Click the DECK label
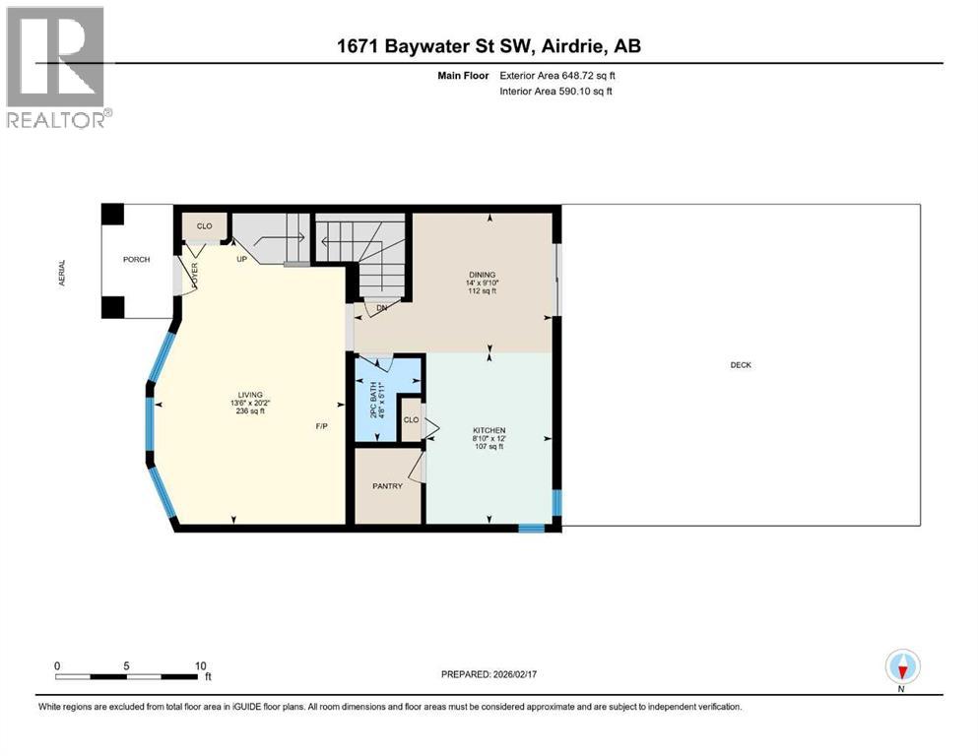pos(741,365)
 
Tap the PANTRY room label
pos(387,486)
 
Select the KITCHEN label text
pos(489,431)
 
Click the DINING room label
pos(482,275)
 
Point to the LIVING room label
pos(235,395)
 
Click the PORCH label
pos(136,260)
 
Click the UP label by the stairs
pos(240,260)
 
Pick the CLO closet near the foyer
pos(204,226)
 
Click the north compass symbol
pos(901,667)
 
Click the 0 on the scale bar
pos(57,665)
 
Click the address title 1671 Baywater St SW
pos(489,46)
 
